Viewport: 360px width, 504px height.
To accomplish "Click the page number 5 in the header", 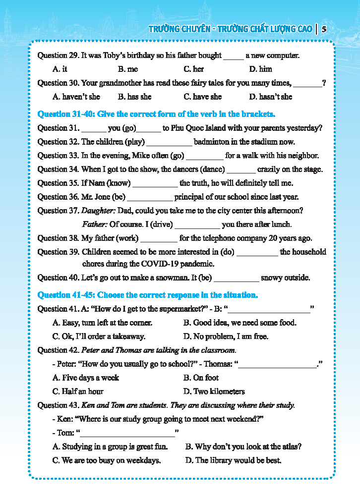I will click(324, 29).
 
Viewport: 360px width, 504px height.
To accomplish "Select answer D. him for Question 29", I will click(260, 69).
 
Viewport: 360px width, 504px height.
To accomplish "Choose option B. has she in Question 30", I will click(134, 97).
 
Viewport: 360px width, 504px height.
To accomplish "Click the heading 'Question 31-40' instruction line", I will click(156, 114).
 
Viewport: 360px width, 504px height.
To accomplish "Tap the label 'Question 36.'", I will click(59, 197).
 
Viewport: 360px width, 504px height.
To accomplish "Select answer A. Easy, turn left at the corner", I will click(102, 323).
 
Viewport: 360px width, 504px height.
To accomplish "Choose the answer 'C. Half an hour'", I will click(78, 392).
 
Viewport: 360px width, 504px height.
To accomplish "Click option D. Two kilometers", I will click(214, 392).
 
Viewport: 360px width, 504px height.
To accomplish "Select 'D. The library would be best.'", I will click(233, 460).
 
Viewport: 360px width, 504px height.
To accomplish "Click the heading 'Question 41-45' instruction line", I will click(148, 295).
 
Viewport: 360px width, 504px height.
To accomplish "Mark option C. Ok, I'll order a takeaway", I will click(99, 336).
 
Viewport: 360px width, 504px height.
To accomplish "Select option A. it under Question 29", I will click(60, 69).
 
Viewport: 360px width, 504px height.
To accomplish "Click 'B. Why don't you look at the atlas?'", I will click(243, 447).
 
